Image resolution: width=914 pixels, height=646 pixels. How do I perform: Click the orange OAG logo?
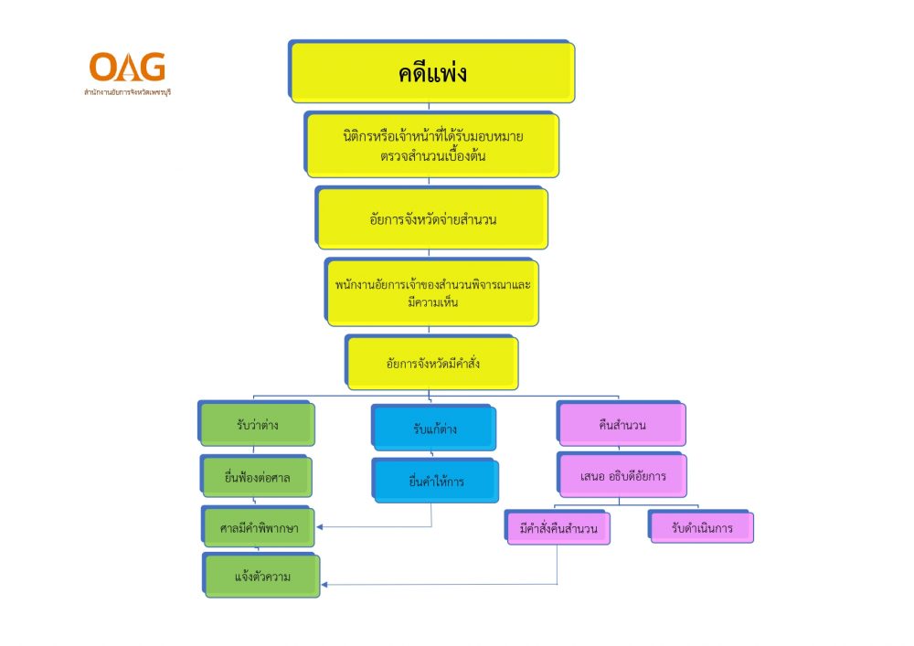point(127,67)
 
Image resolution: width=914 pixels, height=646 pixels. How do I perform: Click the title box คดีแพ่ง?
point(433,73)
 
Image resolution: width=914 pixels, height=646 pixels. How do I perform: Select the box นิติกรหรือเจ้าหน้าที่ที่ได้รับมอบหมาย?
point(432,145)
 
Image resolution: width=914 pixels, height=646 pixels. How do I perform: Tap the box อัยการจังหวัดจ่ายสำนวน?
point(433,219)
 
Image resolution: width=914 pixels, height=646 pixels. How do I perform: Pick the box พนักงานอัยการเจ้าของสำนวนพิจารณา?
point(433,293)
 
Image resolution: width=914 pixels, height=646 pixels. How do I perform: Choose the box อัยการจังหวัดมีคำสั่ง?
point(433,364)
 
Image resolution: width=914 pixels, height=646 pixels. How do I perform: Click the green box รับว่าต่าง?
point(258,424)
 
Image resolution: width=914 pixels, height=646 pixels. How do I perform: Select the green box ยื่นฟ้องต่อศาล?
point(257,476)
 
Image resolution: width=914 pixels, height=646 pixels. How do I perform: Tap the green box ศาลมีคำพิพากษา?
point(260,527)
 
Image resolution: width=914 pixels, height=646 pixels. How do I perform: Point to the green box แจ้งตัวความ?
point(262,577)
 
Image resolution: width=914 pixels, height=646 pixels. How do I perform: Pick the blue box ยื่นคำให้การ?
point(436,482)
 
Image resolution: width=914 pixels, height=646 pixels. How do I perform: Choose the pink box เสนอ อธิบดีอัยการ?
point(622,475)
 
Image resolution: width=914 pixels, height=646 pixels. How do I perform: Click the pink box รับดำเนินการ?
point(702,528)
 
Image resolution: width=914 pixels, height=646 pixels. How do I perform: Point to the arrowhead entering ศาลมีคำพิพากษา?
point(319,527)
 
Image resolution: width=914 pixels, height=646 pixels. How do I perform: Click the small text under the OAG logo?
point(127,92)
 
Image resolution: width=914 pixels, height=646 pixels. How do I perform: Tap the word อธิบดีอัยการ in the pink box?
point(636,475)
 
